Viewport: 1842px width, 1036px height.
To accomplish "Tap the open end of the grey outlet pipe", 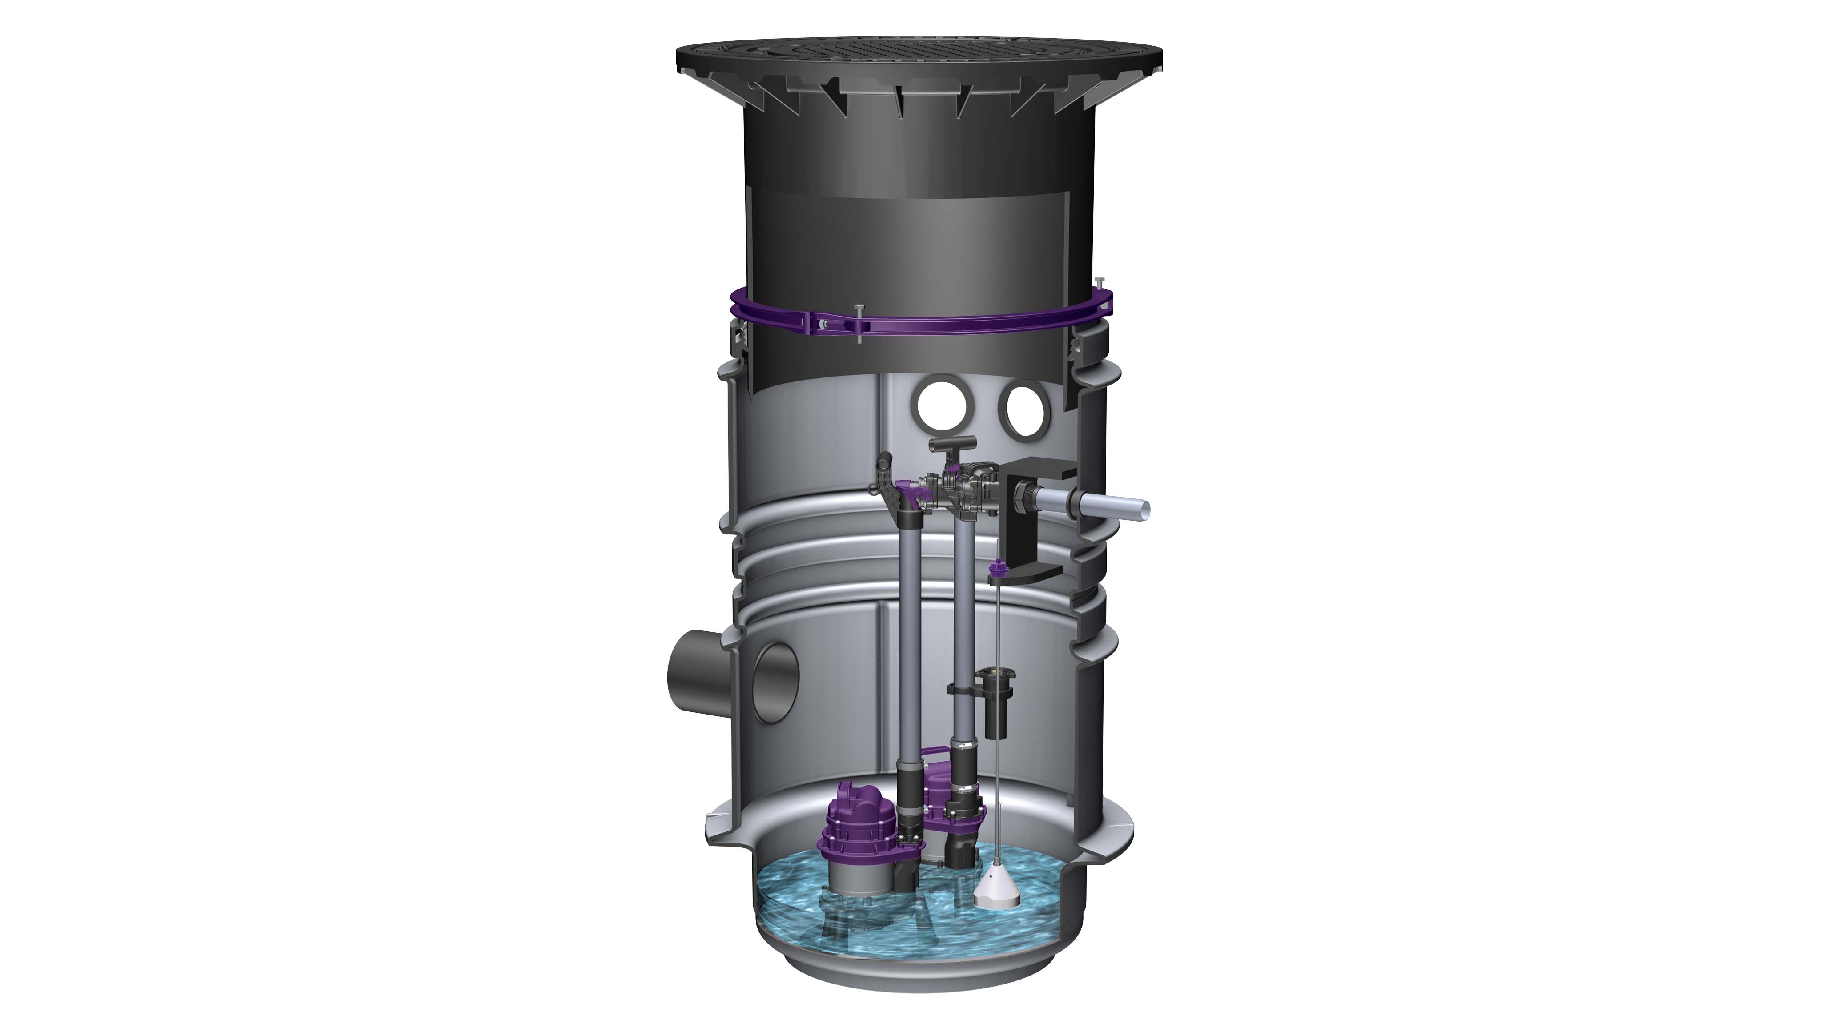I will tap(1144, 510).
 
